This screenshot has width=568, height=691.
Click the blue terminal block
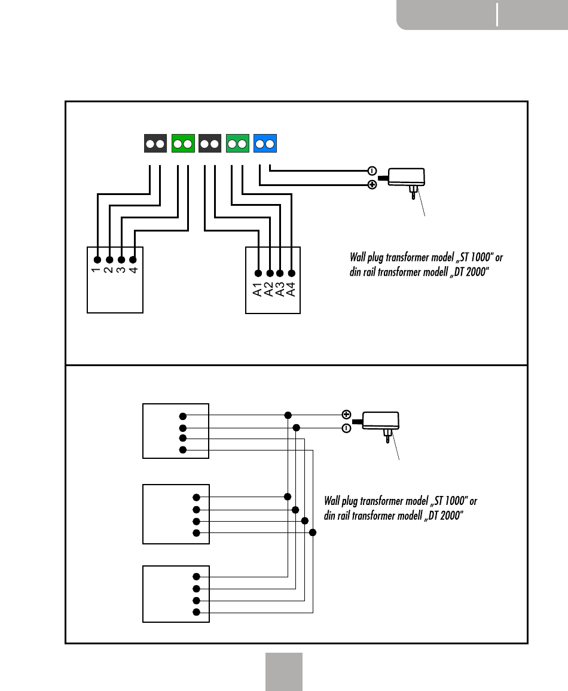click(x=265, y=143)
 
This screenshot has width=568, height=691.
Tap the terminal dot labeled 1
click(x=97, y=260)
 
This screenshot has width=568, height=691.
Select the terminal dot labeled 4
click(x=133, y=260)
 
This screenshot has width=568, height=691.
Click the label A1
click(x=258, y=290)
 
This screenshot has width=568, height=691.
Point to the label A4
click(x=291, y=290)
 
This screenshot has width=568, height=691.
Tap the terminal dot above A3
click(x=280, y=273)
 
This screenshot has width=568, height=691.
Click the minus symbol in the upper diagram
click(x=372, y=171)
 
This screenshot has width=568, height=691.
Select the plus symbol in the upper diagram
click(x=372, y=185)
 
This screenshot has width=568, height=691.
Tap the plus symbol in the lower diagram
click(x=347, y=414)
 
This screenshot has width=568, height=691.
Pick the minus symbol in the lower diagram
click(x=347, y=428)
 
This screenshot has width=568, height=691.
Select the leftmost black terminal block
click(x=155, y=143)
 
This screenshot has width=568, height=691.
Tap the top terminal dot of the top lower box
click(x=183, y=416)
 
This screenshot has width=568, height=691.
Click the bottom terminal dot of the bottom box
click(x=196, y=612)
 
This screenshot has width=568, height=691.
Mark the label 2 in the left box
click(x=109, y=270)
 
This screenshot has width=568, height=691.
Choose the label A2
click(x=268, y=290)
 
